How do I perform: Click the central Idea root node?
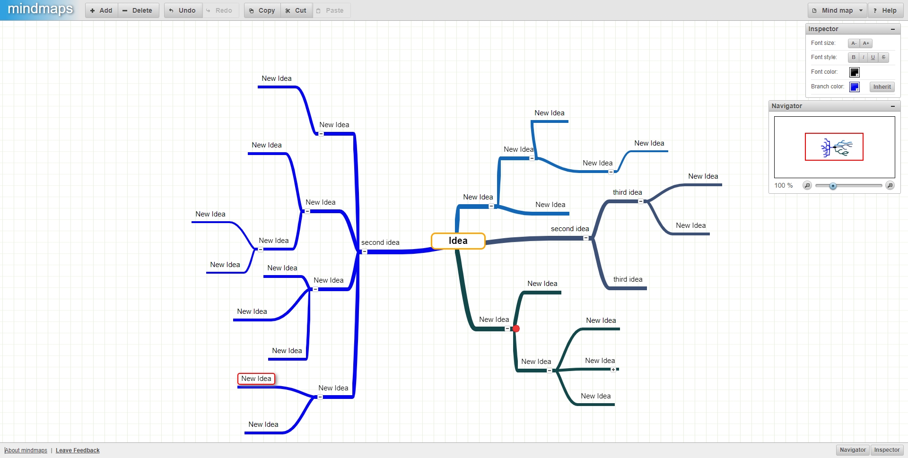click(458, 241)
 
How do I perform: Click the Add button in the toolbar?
click(102, 10)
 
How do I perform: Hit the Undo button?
click(183, 10)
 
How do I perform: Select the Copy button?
click(262, 10)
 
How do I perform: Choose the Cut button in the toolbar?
click(297, 10)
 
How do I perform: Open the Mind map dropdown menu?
click(837, 10)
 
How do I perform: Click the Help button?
click(885, 10)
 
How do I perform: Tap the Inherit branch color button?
click(882, 87)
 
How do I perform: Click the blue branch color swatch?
click(855, 87)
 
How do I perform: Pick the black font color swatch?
click(855, 72)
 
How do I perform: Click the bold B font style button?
click(854, 57)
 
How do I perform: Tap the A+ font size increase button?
click(866, 43)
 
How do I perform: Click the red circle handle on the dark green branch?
click(516, 328)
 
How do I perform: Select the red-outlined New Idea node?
click(256, 379)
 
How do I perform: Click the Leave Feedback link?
click(78, 450)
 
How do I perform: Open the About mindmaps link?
click(26, 450)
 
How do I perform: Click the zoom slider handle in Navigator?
click(833, 186)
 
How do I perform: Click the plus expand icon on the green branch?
click(613, 370)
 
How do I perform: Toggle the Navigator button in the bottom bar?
click(853, 450)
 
